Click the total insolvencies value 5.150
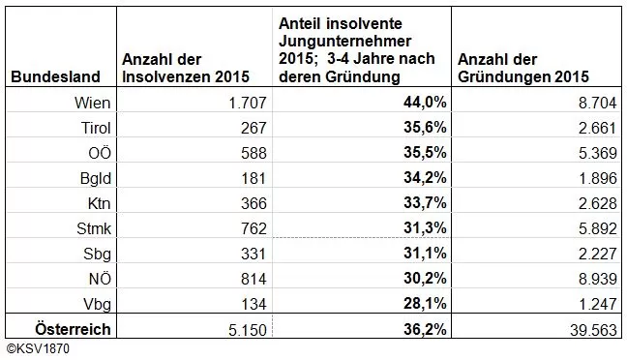pos(231,330)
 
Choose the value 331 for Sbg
pos(239,254)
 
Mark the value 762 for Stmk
pos(239,227)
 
